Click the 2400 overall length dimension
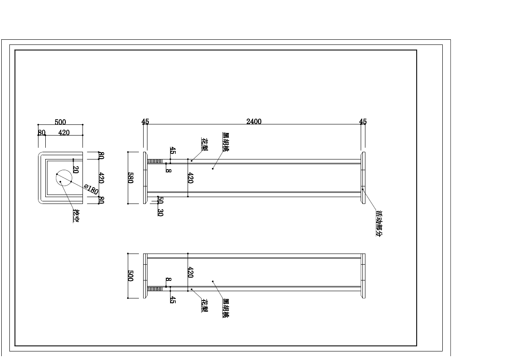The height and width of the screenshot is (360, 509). point(254,121)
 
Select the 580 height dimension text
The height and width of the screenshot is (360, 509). point(131,178)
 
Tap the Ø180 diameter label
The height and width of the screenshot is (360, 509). point(91,189)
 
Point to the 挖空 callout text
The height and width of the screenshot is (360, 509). point(76,216)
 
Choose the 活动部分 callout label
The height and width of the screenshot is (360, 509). point(379,224)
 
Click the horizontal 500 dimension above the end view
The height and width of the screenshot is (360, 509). point(60,122)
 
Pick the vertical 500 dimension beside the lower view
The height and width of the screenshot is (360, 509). point(131,276)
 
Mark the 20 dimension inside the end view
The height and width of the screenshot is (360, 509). point(76,170)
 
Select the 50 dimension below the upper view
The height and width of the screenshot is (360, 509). point(160,200)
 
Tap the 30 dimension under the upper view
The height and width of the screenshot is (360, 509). point(160,212)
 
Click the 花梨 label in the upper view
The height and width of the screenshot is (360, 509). point(205,145)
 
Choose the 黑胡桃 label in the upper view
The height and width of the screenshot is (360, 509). point(225,142)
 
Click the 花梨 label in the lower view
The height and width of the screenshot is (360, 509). point(205,305)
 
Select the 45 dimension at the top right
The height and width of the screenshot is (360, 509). point(363,121)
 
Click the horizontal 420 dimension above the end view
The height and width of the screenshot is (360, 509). point(64,133)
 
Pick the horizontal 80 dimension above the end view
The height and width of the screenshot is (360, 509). point(41,133)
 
